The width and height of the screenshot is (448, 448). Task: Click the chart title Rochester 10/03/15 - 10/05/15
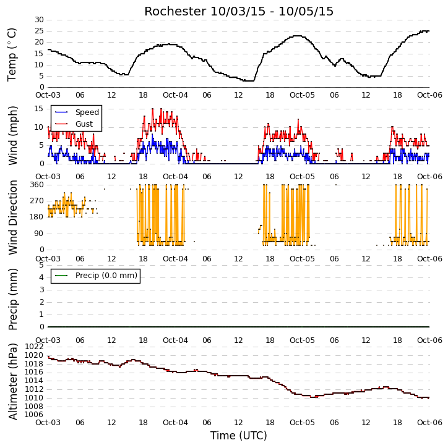click(239, 11)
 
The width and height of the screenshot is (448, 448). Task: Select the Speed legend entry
click(77, 112)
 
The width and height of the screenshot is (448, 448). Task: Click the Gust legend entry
click(74, 124)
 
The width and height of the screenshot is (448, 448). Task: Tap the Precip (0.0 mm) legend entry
click(96, 276)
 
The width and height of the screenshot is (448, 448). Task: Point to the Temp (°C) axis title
click(12, 54)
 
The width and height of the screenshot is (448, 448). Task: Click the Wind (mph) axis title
click(12, 135)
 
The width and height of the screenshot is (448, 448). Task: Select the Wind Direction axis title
click(12, 218)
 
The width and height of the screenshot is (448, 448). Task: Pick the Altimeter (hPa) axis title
click(12, 381)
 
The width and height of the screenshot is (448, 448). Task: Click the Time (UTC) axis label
click(239, 436)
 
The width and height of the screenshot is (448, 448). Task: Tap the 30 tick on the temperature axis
click(39, 20)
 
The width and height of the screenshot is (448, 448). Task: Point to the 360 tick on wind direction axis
click(37, 185)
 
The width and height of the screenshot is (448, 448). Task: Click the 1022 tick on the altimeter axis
click(34, 347)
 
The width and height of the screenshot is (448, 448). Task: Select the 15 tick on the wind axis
click(39, 109)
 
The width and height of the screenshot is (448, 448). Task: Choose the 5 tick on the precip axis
click(41, 265)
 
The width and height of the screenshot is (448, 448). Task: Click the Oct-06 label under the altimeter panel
click(429, 422)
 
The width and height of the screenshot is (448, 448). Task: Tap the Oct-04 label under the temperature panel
click(175, 95)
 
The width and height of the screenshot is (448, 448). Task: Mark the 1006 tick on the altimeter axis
click(34, 415)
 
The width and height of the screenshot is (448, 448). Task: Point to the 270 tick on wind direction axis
click(37, 201)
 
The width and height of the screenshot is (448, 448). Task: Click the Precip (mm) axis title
click(12, 300)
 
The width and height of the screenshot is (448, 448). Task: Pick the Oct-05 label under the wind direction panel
click(302, 258)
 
